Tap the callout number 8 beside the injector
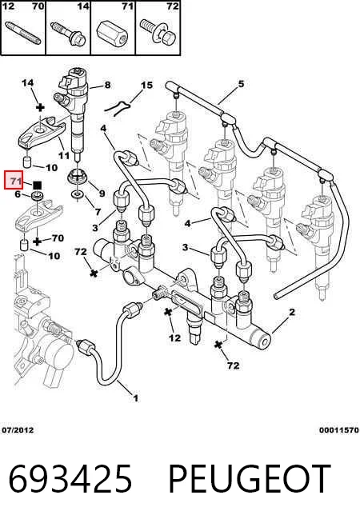coord(107,85)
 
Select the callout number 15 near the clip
coord(146,86)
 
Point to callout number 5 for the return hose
coord(241,84)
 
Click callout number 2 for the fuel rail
coord(292,312)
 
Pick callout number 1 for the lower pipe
coord(135,398)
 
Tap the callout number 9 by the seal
coord(102,193)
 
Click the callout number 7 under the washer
coord(98,211)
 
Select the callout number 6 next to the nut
coord(18,194)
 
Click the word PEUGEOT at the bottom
coord(250,478)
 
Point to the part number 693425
coord(70,478)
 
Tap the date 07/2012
coord(18,430)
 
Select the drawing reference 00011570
coord(338,430)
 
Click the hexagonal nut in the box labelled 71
coord(113,32)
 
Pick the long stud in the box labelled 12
coord(22,33)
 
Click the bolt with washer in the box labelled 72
coord(158,31)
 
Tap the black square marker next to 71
coord(37,185)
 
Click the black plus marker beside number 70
coord(38,242)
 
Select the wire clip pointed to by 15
coord(117,108)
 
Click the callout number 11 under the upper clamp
coord(64,155)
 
